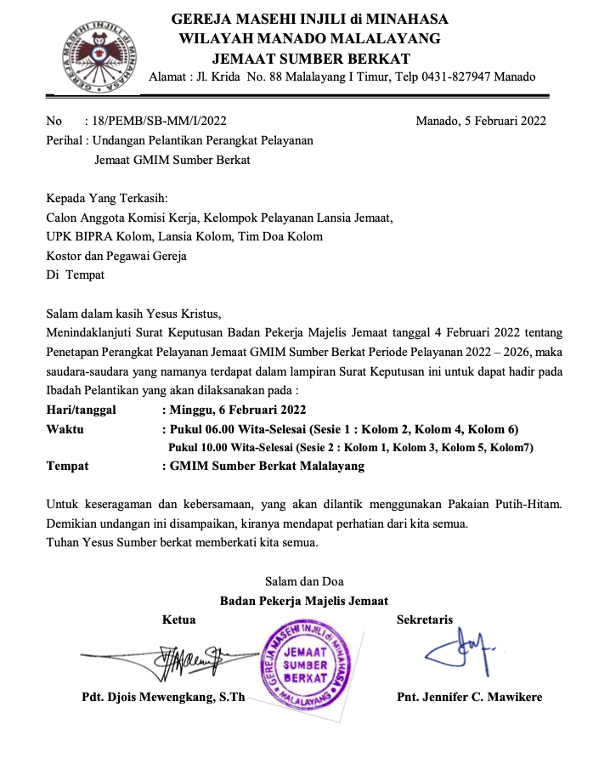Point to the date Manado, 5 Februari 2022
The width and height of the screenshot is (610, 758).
[x=481, y=121]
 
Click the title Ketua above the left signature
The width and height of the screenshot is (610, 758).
[x=178, y=620]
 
